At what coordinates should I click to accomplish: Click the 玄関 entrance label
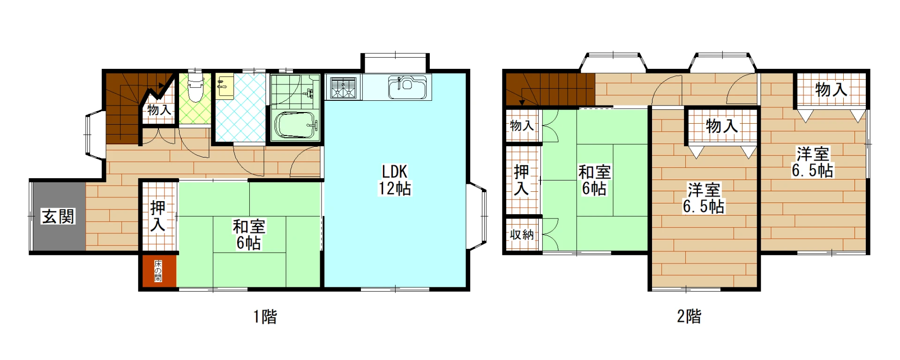pos(59,217)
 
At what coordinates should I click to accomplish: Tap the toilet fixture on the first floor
pos(195,87)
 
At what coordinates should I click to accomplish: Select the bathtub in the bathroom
pos(296,125)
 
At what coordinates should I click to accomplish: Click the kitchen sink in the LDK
pos(407,87)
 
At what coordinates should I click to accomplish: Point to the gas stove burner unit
pos(344,88)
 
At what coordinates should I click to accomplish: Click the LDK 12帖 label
pos(395,180)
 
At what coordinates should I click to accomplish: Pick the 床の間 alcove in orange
pos(158,270)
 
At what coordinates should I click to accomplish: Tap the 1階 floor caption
pos(265,317)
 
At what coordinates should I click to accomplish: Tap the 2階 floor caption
pos(689,317)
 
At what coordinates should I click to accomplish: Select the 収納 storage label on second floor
pos(522,234)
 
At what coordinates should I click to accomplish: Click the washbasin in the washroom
pos(225,86)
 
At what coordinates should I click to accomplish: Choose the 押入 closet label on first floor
pos(158,216)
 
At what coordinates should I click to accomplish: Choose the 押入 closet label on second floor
pos(522,180)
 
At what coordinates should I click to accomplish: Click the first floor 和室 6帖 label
pos(249,235)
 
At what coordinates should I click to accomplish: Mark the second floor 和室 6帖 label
pos(594,180)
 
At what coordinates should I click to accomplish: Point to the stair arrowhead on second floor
pos(522,103)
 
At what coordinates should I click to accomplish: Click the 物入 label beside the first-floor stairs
pos(159,110)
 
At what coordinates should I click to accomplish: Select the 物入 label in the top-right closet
pos(831,89)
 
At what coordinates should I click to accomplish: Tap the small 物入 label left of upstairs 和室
pos(522,126)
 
